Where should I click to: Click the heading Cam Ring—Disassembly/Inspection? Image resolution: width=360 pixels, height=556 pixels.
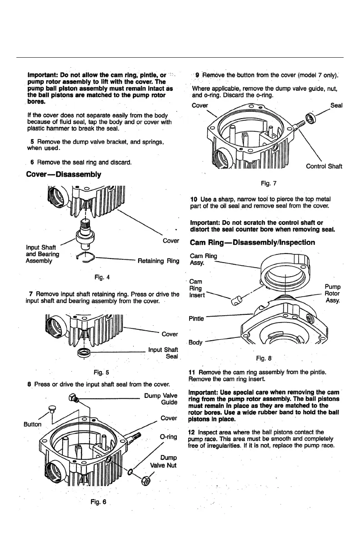click(252, 242)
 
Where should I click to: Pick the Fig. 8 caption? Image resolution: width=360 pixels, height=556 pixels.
click(264, 358)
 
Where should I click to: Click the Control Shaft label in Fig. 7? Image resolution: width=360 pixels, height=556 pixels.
click(324, 166)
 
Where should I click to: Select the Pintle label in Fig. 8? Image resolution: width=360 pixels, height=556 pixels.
click(197, 318)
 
